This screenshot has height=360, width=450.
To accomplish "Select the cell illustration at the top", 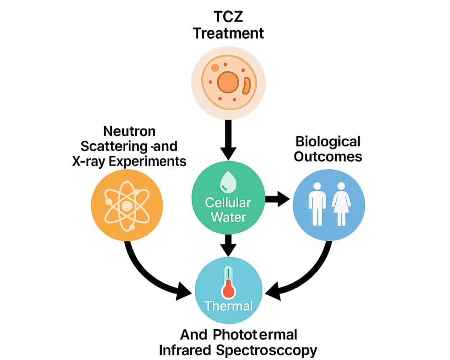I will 228,82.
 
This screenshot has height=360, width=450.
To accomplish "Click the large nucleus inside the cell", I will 228,82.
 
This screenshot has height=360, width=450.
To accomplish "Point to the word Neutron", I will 129,131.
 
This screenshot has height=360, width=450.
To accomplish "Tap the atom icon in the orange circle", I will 127,206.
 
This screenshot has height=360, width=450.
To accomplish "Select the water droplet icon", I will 228,182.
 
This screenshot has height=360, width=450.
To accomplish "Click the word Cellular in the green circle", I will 228,203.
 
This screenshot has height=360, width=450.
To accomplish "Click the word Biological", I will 328,142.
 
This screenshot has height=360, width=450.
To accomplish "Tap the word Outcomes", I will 328,156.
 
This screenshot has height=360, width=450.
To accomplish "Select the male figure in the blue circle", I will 317,204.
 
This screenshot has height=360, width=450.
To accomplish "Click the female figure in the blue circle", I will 341,204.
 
